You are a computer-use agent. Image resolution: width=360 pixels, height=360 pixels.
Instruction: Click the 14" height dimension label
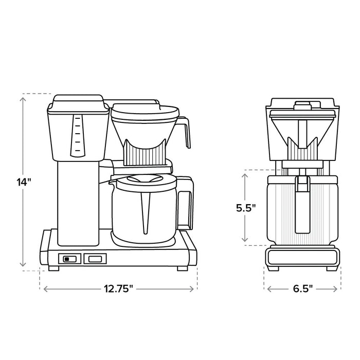coord(24,181)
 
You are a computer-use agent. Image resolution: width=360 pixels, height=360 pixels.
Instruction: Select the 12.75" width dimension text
coord(118,289)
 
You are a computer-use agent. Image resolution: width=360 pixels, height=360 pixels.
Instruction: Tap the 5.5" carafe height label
coord(246,208)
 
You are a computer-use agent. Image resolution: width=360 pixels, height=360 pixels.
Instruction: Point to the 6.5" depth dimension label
coord(302,289)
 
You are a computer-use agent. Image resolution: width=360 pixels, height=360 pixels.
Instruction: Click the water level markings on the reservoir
coord(77,135)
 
